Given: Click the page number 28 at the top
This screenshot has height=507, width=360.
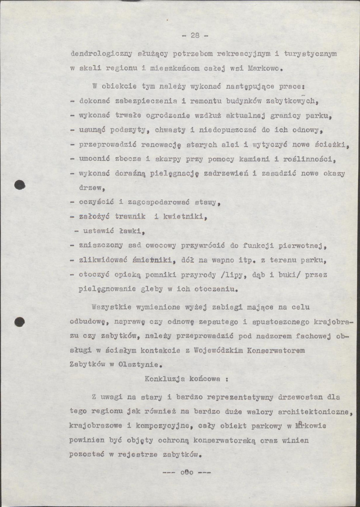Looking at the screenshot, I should pyautogui.click(x=195, y=36).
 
